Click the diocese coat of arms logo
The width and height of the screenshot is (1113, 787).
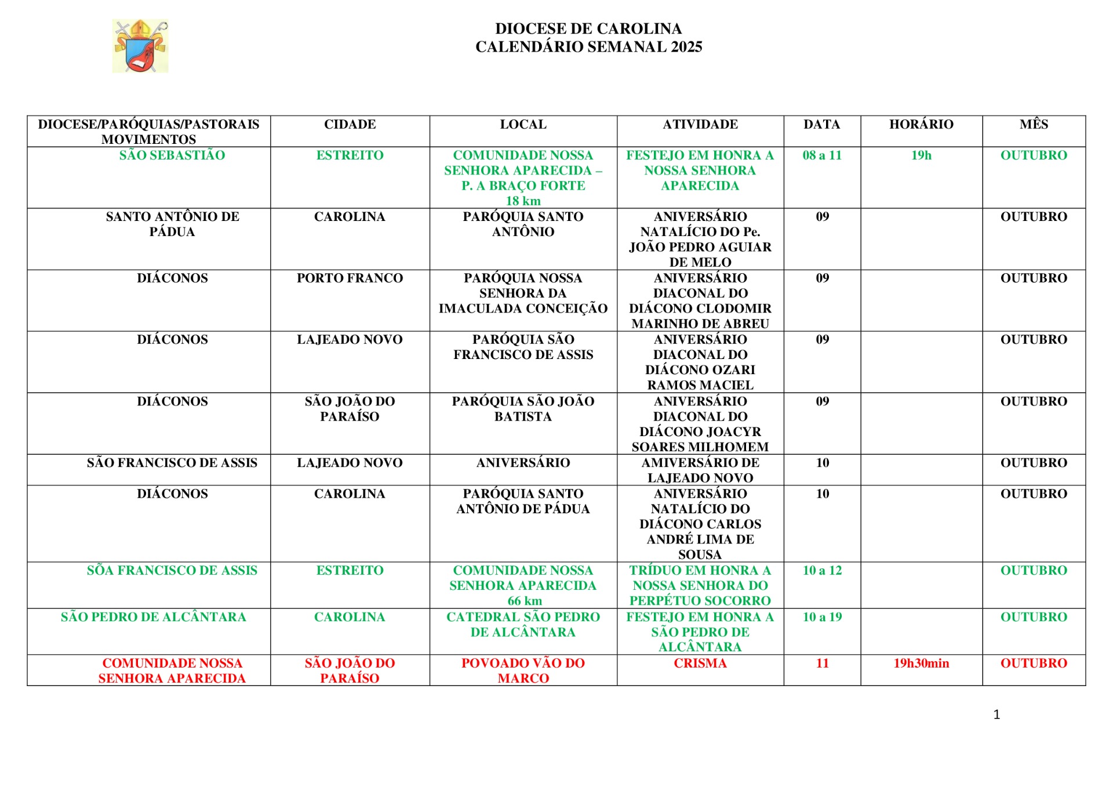[x=140, y=46]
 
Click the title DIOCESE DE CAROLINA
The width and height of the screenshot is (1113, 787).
[x=588, y=28]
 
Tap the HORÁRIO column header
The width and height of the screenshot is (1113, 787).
[x=921, y=124]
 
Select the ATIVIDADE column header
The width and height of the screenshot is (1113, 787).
[x=700, y=124]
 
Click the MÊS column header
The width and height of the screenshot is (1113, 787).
[x=1033, y=124]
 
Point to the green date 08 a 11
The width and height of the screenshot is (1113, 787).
[x=821, y=155]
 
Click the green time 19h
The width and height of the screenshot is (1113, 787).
[x=921, y=155]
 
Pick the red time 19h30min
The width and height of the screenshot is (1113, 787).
[x=921, y=663]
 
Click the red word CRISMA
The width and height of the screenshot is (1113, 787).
[x=700, y=663]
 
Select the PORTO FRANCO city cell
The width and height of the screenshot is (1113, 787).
[x=350, y=278]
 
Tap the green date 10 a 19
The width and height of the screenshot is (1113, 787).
[x=821, y=617]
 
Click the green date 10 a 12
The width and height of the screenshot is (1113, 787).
[x=821, y=571]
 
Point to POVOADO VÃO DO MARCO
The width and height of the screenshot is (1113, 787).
[x=523, y=670]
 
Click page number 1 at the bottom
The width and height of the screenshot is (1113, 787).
[x=996, y=715]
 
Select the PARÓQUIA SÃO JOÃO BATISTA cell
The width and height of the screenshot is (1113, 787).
[x=523, y=409]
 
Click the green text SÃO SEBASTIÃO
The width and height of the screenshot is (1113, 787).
[x=172, y=155]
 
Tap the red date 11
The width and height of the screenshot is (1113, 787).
[x=822, y=663]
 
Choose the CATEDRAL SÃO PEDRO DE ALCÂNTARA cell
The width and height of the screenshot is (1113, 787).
[x=523, y=625]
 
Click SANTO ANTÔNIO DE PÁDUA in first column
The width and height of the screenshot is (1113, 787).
[x=172, y=224]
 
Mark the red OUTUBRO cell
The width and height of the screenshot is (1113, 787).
[x=1033, y=663]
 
